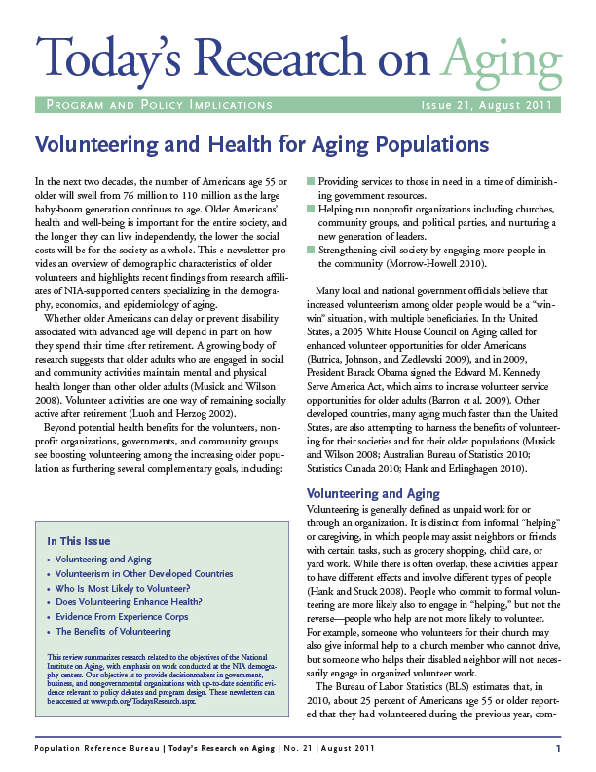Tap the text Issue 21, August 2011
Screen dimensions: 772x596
coord(486,105)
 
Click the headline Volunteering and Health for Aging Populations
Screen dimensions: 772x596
coord(262,145)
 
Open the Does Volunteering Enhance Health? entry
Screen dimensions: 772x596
coord(123,603)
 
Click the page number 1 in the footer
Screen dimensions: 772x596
coord(558,748)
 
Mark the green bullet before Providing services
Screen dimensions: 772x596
coord(312,182)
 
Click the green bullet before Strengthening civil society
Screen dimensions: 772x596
coord(312,251)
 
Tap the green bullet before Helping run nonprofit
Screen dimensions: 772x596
coord(312,210)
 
